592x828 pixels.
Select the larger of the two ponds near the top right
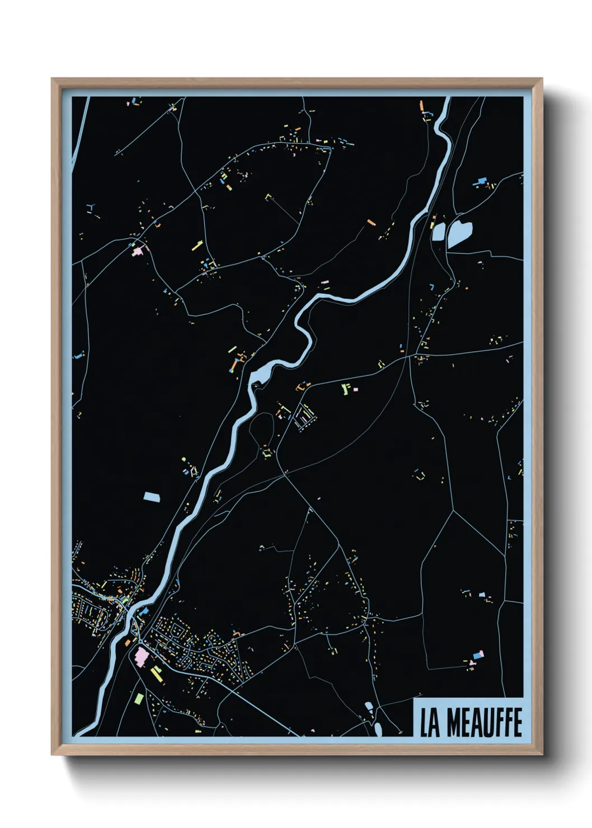point(459,232)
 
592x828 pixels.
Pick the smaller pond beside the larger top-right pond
point(438,231)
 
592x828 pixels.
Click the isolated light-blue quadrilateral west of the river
point(152,496)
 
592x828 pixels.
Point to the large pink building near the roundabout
point(140,655)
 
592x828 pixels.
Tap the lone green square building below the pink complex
point(139,698)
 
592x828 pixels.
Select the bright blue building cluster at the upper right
point(480,181)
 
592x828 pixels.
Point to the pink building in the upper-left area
point(137,252)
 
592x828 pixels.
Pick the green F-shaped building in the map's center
point(346,388)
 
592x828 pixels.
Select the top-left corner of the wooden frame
point(52,79)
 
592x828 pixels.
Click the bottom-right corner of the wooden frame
point(542,755)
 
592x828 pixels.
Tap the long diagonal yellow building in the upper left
point(197,244)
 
